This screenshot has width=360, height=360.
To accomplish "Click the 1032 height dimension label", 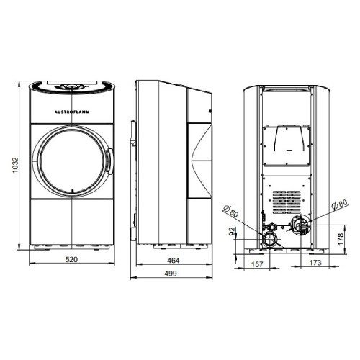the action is coord(15,166).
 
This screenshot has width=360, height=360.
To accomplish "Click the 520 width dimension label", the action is coord(72,260).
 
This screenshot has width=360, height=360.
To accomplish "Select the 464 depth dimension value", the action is coord(174,261).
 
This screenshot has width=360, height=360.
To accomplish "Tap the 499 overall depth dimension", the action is coord(171,274).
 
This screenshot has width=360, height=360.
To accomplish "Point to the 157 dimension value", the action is coord(257,264).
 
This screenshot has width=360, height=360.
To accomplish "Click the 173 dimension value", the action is coord(315,263).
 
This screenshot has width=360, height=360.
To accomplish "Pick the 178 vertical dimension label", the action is coord(341,239).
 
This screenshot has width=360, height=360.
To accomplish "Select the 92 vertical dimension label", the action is coord(232,231).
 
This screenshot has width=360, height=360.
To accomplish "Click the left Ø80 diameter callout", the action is coord(231,211).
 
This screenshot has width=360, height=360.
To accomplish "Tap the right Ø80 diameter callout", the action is coord(339,204).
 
